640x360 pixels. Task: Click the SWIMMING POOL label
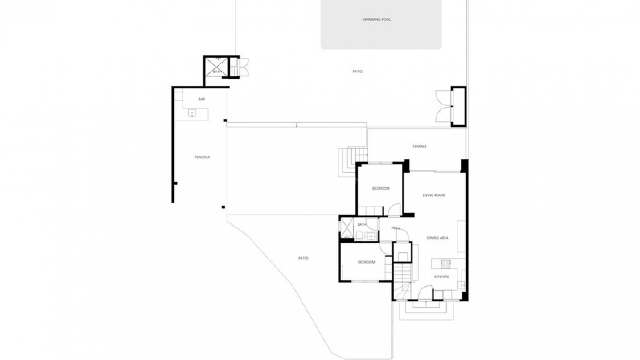pyautogui.click(x=376, y=19)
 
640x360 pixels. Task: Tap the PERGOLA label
pyautogui.click(x=202, y=157)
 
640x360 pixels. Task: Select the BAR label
pyautogui.click(x=201, y=99)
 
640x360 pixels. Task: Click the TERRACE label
pyautogui.click(x=419, y=146)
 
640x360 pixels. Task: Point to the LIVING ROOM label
pyautogui.click(x=434, y=195)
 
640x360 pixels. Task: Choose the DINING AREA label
pyautogui.click(x=437, y=238)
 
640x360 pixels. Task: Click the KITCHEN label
pyautogui.click(x=441, y=277)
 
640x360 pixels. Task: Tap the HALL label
pyautogui.click(x=396, y=228)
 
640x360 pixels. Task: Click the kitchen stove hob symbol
pyautogui.click(x=446, y=264)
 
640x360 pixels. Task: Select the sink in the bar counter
pyautogui.click(x=192, y=114)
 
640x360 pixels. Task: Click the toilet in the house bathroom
pyautogui.click(x=359, y=237)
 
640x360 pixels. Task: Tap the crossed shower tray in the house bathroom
pyautogui.click(x=346, y=229)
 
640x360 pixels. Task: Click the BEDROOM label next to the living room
pyautogui.click(x=381, y=189)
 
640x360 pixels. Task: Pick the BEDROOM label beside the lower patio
pyautogui.click(x=366, y=262)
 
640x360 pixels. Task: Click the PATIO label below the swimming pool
pyautogui.click(x=357, y=72)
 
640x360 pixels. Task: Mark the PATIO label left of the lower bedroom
pyautogui.click(x=303, y=258)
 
